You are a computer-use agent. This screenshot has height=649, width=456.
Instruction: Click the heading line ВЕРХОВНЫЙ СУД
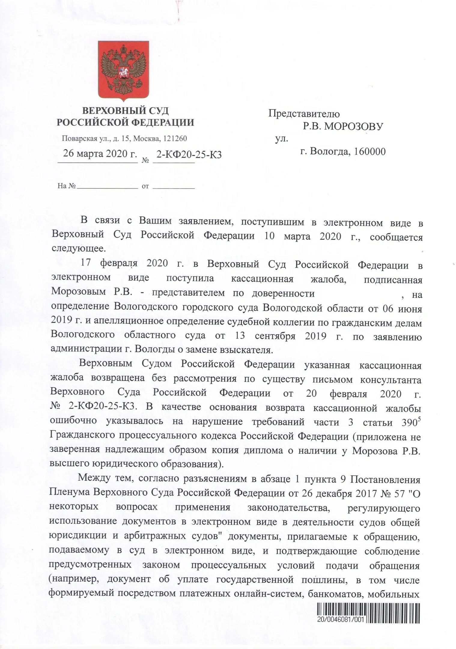click(x=125, y=111)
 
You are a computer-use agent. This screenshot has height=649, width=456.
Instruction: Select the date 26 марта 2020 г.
click(x=100, y=154)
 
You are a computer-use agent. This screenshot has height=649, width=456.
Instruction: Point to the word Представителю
click(x=304, y=114)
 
